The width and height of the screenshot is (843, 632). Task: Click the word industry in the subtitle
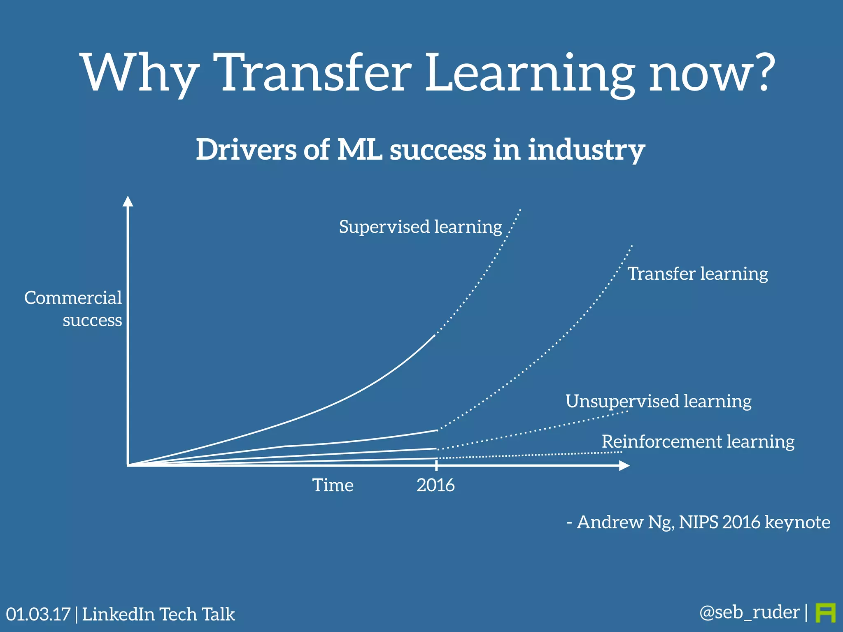point(586,150)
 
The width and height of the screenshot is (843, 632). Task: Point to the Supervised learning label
point(420,227)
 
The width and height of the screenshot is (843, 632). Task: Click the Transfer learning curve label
point(697,274)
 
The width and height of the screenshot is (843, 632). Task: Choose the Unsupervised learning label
point(658,401)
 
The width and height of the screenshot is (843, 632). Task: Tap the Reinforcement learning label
point(698,441)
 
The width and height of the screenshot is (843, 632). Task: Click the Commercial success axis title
point(73,309)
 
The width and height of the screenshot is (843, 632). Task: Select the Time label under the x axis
point(333,485)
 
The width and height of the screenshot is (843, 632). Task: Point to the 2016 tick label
point(435,485)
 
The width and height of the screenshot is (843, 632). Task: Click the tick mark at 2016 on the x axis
point(436,465)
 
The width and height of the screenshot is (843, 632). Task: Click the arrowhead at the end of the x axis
point(624,465)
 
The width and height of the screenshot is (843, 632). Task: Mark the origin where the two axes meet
point(128,465)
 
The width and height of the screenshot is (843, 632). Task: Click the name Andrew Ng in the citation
point(625,522)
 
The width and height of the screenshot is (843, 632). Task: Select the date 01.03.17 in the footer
point(38,614)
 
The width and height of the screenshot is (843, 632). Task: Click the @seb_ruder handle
point(749,612)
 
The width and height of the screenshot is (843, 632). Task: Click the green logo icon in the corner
point(825,613)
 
